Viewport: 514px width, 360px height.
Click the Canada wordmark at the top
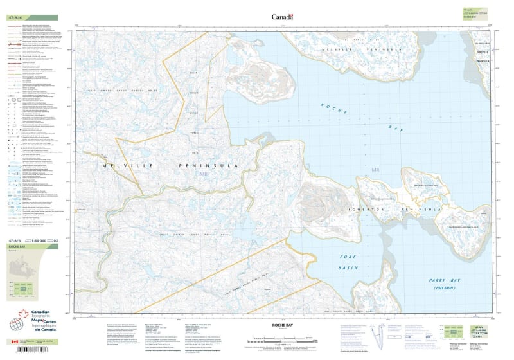click(x=282, y=17)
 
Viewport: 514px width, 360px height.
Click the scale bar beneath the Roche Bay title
click(x=281, y=338)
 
